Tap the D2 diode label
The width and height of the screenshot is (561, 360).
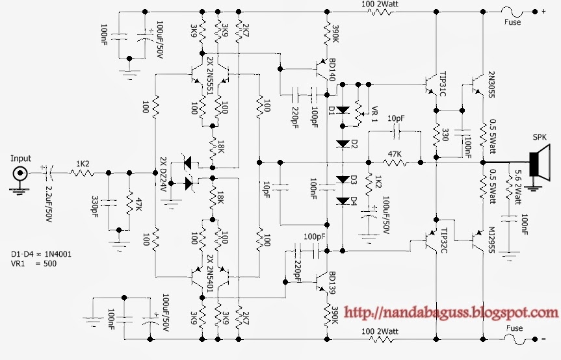point(355,145)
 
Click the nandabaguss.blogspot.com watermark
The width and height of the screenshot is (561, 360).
point(449,314)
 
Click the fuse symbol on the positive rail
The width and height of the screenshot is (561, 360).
point(514,11)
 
